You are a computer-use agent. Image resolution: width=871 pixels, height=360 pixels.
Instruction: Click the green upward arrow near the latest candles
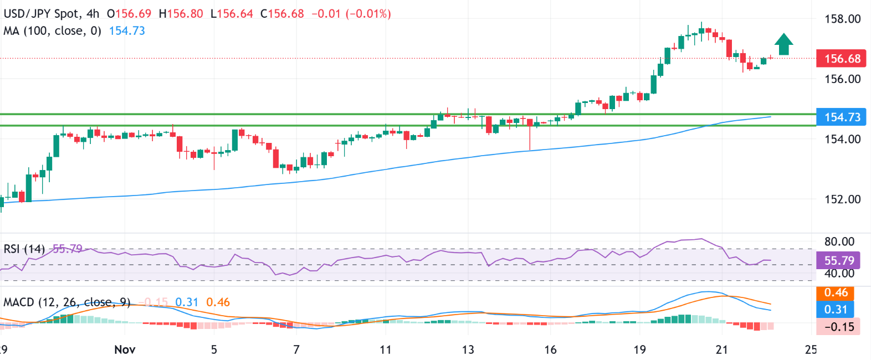tap(783, 44)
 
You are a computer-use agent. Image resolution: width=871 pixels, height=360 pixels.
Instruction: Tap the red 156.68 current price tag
tap(842, 59)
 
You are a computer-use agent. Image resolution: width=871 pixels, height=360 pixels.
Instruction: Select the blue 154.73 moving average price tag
tap(842, 117)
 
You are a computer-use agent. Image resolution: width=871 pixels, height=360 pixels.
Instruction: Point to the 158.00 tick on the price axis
tap(842, 19)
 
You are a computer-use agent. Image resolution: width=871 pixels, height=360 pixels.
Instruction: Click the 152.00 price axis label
tap(842, 199)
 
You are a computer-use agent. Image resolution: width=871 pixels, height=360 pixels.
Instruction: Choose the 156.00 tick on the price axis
tap(842, 79)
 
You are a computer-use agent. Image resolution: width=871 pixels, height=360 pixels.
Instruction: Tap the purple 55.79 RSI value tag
tap(839, 260)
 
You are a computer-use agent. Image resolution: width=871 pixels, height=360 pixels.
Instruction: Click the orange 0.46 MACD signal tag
tap(836, 293)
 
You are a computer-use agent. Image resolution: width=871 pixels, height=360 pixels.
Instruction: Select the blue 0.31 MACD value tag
tap(836, 309)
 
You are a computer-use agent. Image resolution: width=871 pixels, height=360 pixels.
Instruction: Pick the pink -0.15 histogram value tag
tap(839, 327)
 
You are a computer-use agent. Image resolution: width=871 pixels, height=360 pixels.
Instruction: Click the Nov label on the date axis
tap(125, 349)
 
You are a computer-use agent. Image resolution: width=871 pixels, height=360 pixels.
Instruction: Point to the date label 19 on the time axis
tap(639, 349)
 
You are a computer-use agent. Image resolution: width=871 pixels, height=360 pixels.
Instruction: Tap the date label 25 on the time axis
tap(811, 349)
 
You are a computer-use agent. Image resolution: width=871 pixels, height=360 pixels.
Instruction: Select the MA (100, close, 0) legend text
tap(52, 31)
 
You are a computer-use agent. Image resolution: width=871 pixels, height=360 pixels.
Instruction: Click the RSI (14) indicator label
tap(24, 249)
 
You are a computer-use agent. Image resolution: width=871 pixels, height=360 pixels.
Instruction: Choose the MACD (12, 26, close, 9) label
tap(66, 302)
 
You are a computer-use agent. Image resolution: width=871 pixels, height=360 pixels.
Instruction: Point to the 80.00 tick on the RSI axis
tap(839, 241)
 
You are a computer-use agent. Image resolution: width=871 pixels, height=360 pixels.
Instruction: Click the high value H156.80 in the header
tap(181, 14)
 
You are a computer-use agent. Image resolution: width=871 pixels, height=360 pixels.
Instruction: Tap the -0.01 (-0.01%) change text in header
tap(351, 14)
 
